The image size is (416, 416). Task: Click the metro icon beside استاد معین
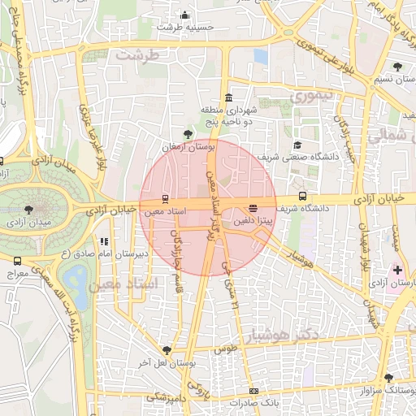pyautogui.click(x=165, y=198)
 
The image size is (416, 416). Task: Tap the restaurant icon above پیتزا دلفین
pyautogui.click(x=253, y=207)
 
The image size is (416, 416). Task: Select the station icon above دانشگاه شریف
pyautogui.click(x=303, y=196)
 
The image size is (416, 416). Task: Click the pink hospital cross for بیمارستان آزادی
pyautogui.click(x=397, y=270)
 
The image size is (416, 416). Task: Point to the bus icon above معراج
pyautogui.click(x=18, y=261)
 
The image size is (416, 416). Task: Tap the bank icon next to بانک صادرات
pyautogui.click(x=254, y=392)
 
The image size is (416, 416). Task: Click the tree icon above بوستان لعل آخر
pyautogui.click(x=167, y=350)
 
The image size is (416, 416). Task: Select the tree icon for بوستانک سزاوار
pyautogui.click(x=389, y=378)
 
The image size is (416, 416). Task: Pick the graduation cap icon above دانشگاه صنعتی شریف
pyautogui.click(x=286, y=144)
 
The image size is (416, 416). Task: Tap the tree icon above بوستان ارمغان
pyautogui.click(x=188, y=134)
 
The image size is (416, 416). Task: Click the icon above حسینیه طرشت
pyautogui.click(x=185, y=15)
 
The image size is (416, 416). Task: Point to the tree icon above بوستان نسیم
pyautogui.click(x=396, y=67)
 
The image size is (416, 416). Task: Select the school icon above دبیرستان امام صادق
pyautogui.click(x=103, y=241)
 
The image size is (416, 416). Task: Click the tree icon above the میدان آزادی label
pyautogui.click(x=29, y=209)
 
